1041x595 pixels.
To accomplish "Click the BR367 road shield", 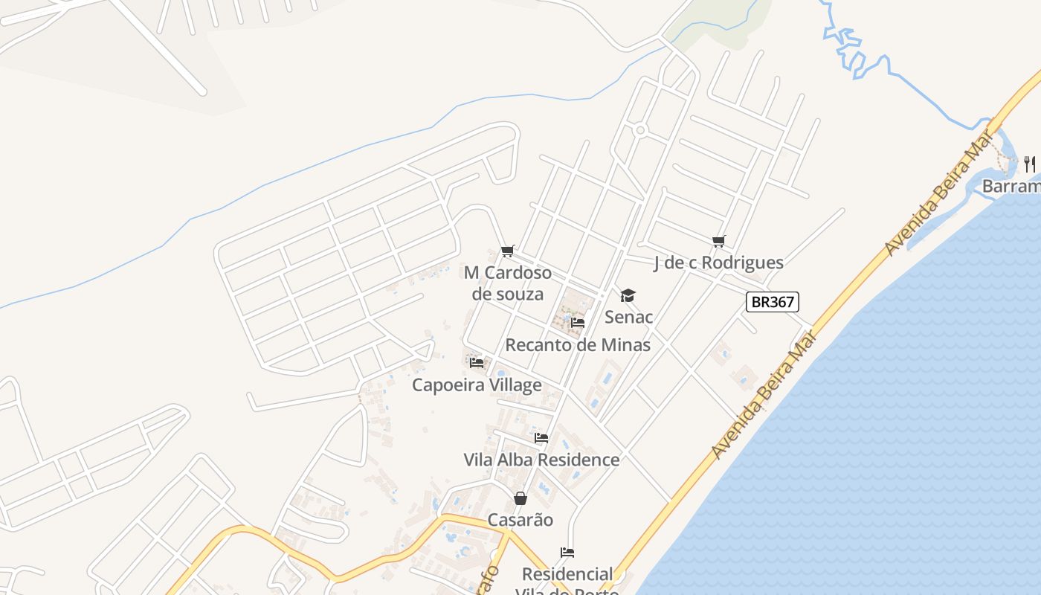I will (773, 302).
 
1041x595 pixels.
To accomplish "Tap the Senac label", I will (628, 317).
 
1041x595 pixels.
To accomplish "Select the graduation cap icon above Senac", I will (628, 296).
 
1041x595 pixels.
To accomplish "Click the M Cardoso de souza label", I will (508, 283).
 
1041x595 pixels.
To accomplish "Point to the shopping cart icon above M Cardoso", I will (508, 251).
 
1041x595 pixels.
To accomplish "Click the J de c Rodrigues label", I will (718, 263).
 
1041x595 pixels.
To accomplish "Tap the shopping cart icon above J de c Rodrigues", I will (718, 241).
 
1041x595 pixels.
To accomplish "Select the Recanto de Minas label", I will (578, 345).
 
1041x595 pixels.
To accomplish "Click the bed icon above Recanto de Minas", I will (578, 323).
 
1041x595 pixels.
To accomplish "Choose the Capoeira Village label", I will (477, 385).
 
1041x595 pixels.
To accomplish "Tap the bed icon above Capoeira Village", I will (477, 363).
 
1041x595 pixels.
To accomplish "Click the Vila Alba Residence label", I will (541, 460).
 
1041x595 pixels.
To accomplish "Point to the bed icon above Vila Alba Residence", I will (541, 438).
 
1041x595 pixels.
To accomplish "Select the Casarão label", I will (520, 520).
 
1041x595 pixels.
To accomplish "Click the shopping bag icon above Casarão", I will (520, 498).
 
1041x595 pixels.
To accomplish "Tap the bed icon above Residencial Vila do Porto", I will (567, 553).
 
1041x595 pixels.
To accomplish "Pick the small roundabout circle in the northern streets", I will (640, 130).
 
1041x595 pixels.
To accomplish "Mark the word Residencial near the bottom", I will (567, 574).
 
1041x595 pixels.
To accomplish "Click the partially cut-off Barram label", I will (1011, 186).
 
